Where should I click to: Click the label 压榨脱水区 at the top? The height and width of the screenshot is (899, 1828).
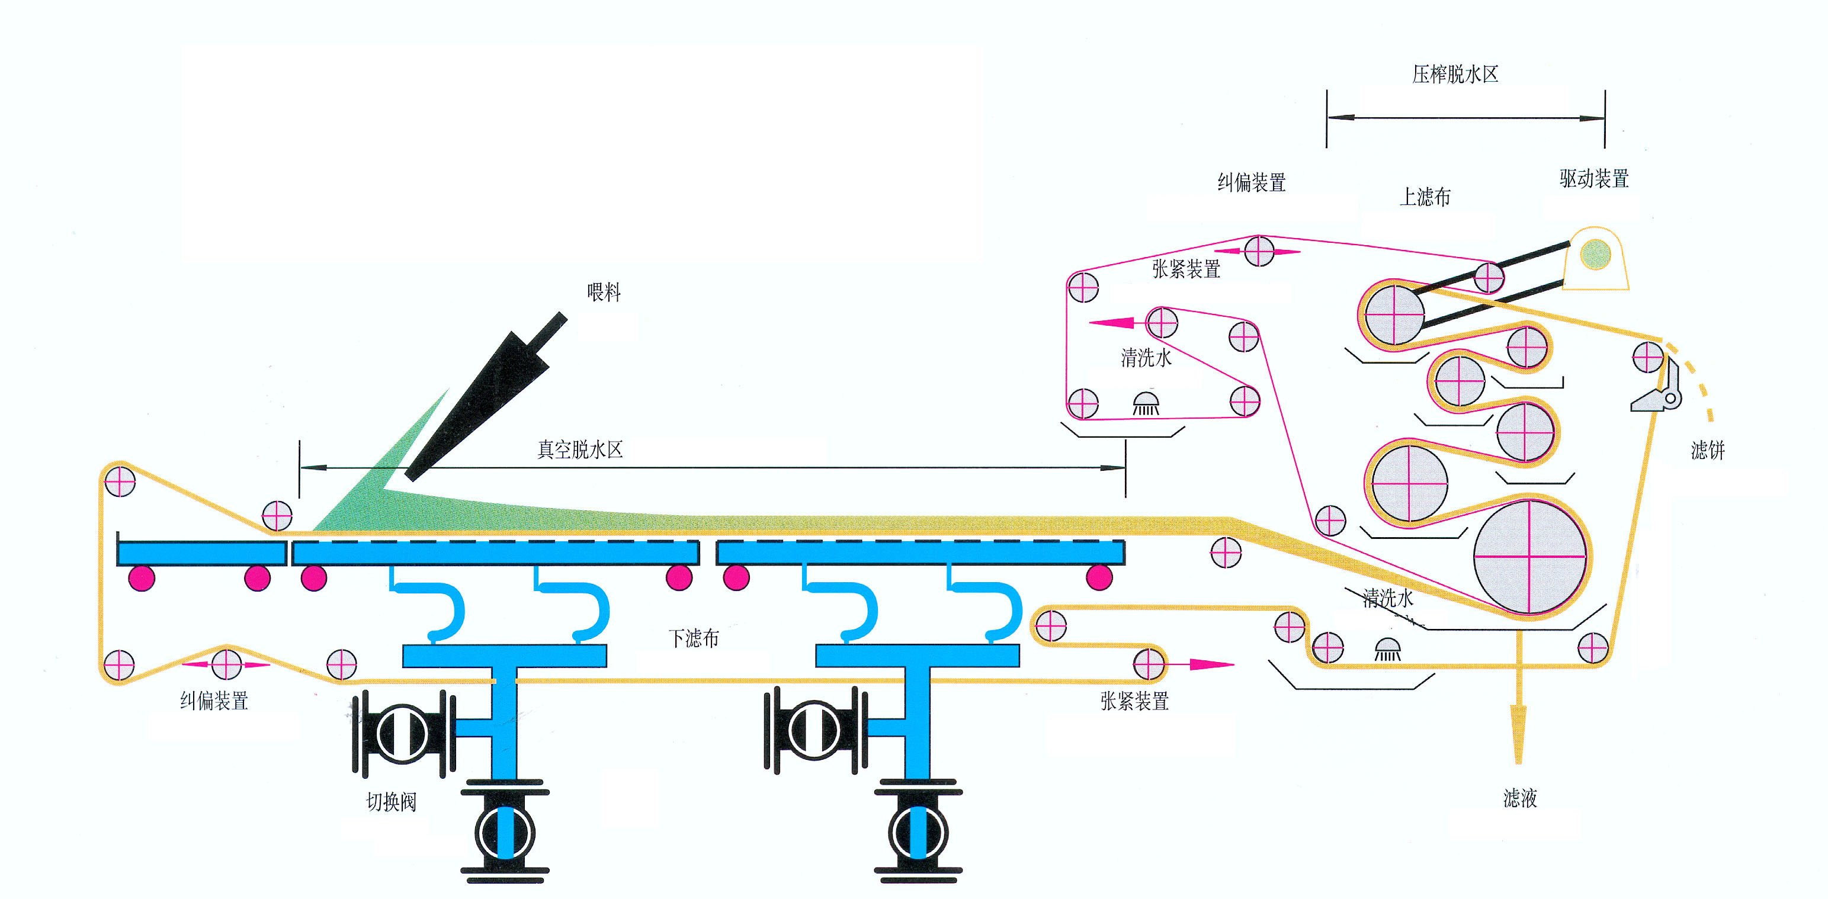1455,75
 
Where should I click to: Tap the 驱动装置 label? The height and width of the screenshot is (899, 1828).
1594,179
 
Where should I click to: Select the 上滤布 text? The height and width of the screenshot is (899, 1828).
1425,197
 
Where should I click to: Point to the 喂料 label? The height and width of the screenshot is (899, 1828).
604,291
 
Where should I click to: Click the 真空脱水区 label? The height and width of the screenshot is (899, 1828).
580,449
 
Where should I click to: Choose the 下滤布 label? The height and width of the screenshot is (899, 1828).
693,638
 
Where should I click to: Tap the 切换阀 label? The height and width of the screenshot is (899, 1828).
391,802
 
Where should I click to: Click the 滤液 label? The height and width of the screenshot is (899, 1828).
1520,798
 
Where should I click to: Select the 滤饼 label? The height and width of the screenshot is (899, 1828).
1707,450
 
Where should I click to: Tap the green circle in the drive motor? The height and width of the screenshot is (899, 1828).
1596,254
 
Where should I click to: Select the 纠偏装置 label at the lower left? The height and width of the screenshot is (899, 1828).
214,701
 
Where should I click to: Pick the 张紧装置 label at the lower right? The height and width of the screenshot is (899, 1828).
1134,701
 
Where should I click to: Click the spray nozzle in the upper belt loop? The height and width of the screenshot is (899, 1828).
1146,404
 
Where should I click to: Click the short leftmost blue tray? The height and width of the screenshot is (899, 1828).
201,553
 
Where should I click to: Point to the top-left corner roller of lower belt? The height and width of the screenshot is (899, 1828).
120,480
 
